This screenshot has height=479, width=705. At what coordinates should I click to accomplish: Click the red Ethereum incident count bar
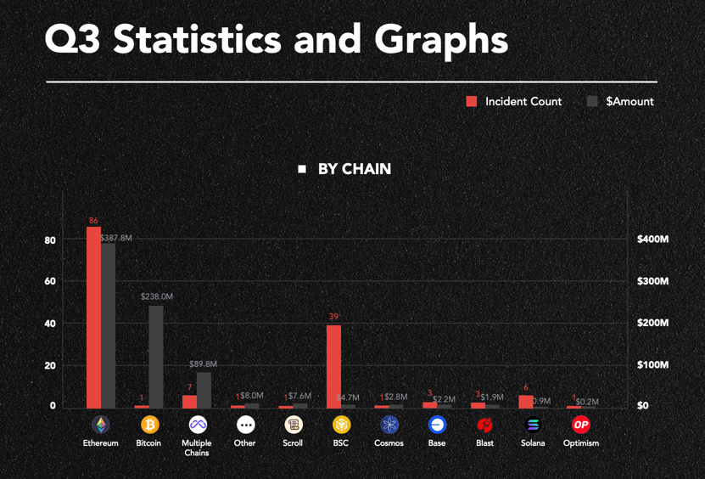93,317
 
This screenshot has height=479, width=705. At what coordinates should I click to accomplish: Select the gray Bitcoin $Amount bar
156,356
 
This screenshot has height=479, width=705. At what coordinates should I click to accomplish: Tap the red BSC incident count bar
333,366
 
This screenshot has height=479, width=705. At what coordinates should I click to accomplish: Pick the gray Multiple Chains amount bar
204,390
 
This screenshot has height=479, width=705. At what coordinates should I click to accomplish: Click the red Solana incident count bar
526,402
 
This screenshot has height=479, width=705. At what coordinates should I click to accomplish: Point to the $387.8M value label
117,239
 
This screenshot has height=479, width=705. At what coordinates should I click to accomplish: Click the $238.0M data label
157,297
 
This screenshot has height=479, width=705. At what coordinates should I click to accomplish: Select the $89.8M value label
203,364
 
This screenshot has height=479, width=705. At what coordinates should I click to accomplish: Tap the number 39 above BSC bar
333,317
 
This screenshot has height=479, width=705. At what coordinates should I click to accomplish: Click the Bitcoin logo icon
149,424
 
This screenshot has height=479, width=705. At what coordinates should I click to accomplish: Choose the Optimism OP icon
581,424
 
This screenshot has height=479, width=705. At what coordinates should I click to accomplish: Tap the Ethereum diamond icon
101,424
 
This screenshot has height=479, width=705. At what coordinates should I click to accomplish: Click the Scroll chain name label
293,443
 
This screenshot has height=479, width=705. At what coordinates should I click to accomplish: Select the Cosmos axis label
389,443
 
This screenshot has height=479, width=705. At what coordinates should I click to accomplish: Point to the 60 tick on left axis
50,281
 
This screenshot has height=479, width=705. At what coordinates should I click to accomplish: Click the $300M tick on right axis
652,281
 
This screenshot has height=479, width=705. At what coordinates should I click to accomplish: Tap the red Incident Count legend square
472,102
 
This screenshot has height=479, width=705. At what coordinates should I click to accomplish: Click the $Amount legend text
629,102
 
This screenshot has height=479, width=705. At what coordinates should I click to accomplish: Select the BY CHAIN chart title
354,169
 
